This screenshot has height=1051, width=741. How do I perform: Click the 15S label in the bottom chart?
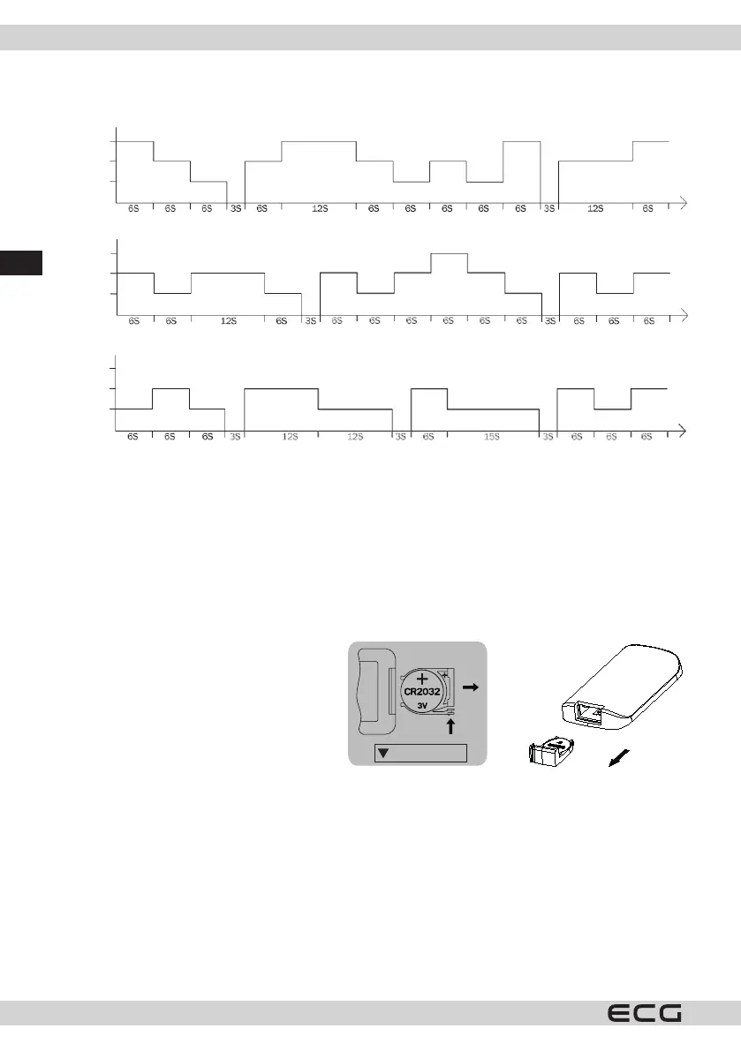(491, 437)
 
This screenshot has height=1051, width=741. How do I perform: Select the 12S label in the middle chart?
(228, 322)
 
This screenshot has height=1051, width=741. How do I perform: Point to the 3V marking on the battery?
(424, 706)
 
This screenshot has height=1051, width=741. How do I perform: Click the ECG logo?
(644, 1013)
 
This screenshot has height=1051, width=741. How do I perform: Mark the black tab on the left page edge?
(20, 262)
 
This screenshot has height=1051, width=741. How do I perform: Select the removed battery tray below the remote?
(551, 752)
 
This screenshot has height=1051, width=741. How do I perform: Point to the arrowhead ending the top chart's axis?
(683, 202)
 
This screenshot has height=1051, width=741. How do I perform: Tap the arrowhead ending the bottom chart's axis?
(683, 432)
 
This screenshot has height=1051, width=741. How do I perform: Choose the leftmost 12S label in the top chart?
(319, 208)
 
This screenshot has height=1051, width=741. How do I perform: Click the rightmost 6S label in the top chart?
(647, 208)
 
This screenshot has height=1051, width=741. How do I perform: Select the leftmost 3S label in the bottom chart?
(235, 437)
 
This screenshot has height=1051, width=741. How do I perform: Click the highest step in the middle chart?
(449, 253)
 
